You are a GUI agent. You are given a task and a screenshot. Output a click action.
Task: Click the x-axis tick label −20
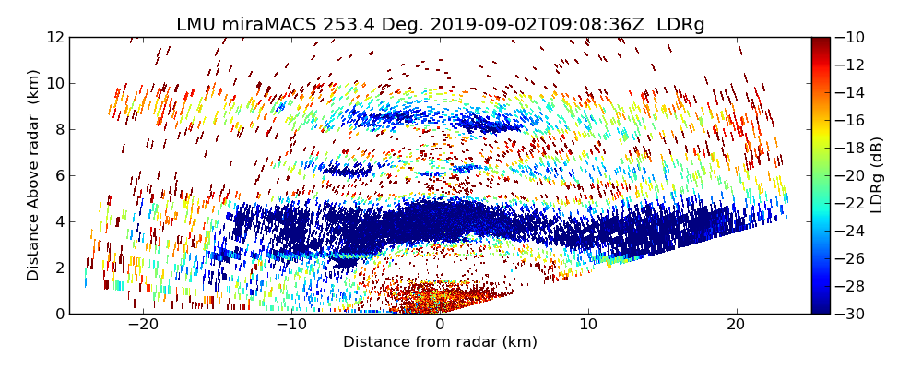point(143,325)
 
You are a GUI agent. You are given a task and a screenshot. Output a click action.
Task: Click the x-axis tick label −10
point(291,325)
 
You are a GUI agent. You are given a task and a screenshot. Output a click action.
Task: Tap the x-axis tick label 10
point(588,325)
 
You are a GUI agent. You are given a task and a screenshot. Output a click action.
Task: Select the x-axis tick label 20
point(736,325)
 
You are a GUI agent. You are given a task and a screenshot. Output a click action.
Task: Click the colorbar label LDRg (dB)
point(877,175)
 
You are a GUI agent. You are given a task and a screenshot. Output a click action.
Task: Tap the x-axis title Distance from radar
point(440,342)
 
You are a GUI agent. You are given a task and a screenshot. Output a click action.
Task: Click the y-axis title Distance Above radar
point(34,175)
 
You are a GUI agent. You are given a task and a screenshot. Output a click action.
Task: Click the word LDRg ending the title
point(680,25)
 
